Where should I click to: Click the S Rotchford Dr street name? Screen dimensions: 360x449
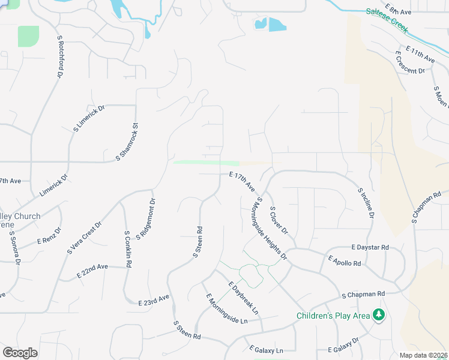point(61,56)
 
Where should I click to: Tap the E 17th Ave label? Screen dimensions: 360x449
point(242,181)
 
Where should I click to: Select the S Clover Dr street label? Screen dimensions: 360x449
point(279,220)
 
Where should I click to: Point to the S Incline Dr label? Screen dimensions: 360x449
point(366,202)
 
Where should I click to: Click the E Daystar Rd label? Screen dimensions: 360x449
point(370,247)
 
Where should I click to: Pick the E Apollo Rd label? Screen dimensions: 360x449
point(345,260)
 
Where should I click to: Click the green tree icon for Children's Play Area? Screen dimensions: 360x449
point(379,314)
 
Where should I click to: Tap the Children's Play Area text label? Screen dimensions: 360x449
point(333,316)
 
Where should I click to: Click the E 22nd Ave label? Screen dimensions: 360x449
point(92,271)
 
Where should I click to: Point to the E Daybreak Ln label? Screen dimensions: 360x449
point(243,298)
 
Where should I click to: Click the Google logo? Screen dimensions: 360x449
point(20,352)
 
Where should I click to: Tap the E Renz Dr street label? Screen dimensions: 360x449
point(49,235)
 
